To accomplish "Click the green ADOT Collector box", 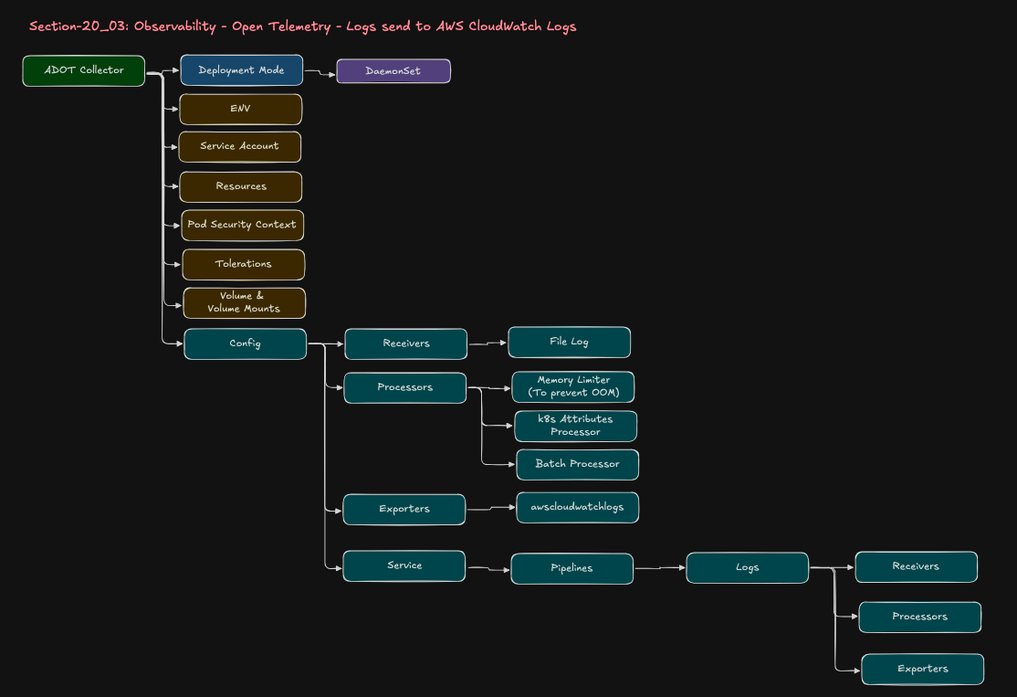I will pos(83,70).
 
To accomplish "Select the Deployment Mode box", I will pos(241,70).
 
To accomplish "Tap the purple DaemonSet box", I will pos(393,71).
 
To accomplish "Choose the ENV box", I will pos(240,109).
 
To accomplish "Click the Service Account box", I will pos(239,146).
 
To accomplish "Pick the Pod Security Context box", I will pos(242,225).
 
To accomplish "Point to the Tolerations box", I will pos(243,264).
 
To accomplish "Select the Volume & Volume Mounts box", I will pos(244,302).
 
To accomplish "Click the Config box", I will pos(245,343).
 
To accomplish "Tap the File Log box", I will pos(569,342).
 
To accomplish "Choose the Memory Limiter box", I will pos(573,386).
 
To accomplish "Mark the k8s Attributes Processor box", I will pos(575,426).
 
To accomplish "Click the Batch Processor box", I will pos(577,464).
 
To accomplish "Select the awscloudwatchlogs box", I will pos(577,507).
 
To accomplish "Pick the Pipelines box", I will pos(571,568).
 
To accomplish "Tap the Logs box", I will pos(747,567).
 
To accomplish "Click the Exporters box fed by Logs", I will pos(922,669).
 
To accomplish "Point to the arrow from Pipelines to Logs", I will pos(659,568).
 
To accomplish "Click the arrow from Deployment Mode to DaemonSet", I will pos(320,71).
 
